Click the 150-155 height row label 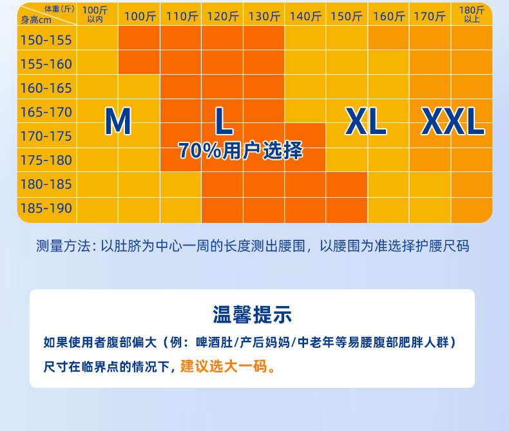pos(46,40)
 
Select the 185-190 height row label pos(46,208)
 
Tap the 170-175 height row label pos(46,136)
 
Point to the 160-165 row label pos(46,88)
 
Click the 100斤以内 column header pos(95,15)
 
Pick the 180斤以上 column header pos(472,15)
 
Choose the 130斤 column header pos(264,16)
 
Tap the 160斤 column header pos(389,16)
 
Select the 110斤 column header pos(182,16)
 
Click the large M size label pos(118,121)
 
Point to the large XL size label pos(366,121)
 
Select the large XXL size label pos(453,121)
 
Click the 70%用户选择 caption pos(240,151)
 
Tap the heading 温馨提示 pos(252,314)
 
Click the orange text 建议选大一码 pos(224,367)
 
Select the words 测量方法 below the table pos(63,246)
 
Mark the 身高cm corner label pos(36,20)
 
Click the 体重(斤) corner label pos(60,9)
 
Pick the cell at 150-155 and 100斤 pos(139,37)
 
